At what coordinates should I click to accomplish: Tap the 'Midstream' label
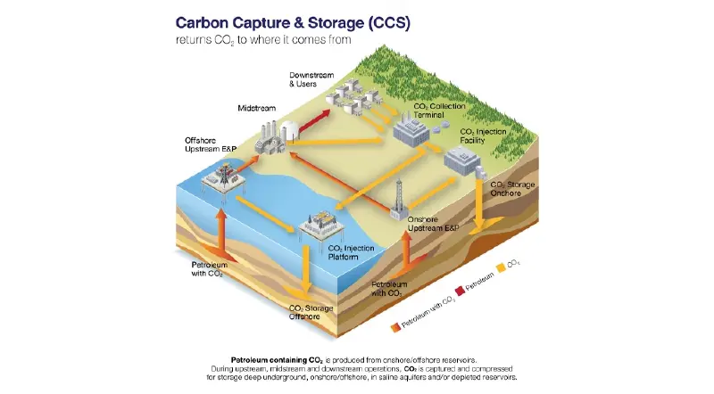[256, 108]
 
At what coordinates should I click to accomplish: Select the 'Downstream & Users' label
[309, 78]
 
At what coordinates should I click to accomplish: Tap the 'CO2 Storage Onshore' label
[512, 189]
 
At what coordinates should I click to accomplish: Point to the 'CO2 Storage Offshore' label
[311, 313]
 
